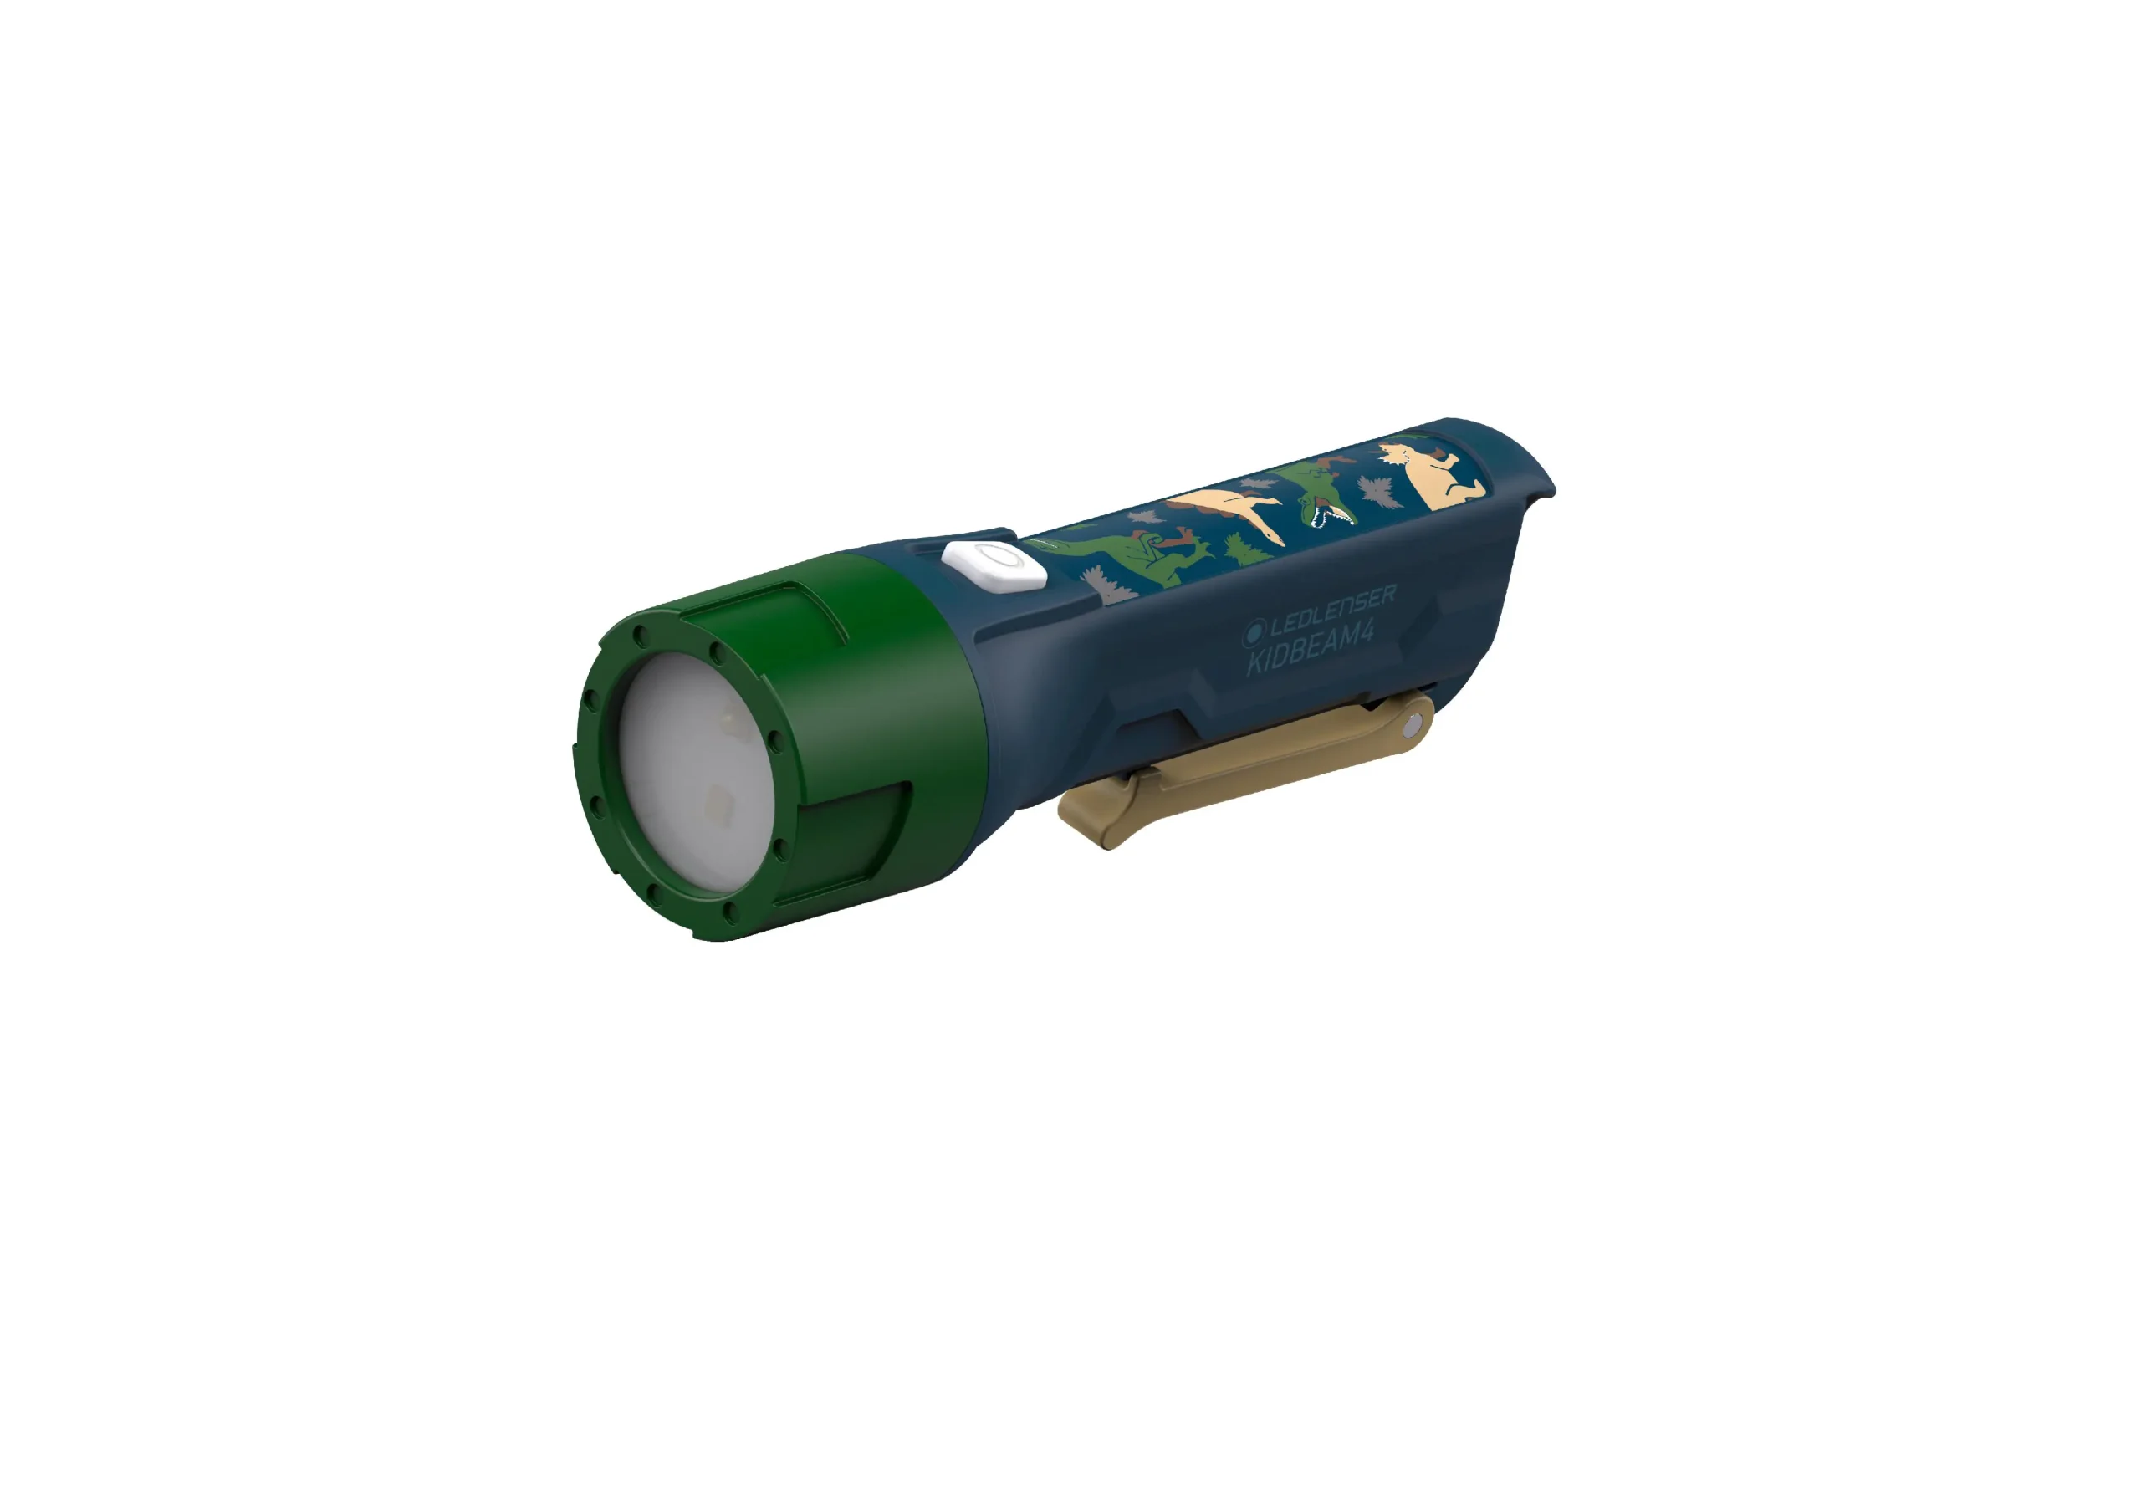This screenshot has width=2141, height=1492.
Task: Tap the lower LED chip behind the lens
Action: pyautogui.click(x=718, y=800)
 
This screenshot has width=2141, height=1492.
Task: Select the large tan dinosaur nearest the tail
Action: pyautogui.click(x=1437, y=475)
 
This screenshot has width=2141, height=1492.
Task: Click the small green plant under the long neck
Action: pyautogui.click(x=1245, y=550)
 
